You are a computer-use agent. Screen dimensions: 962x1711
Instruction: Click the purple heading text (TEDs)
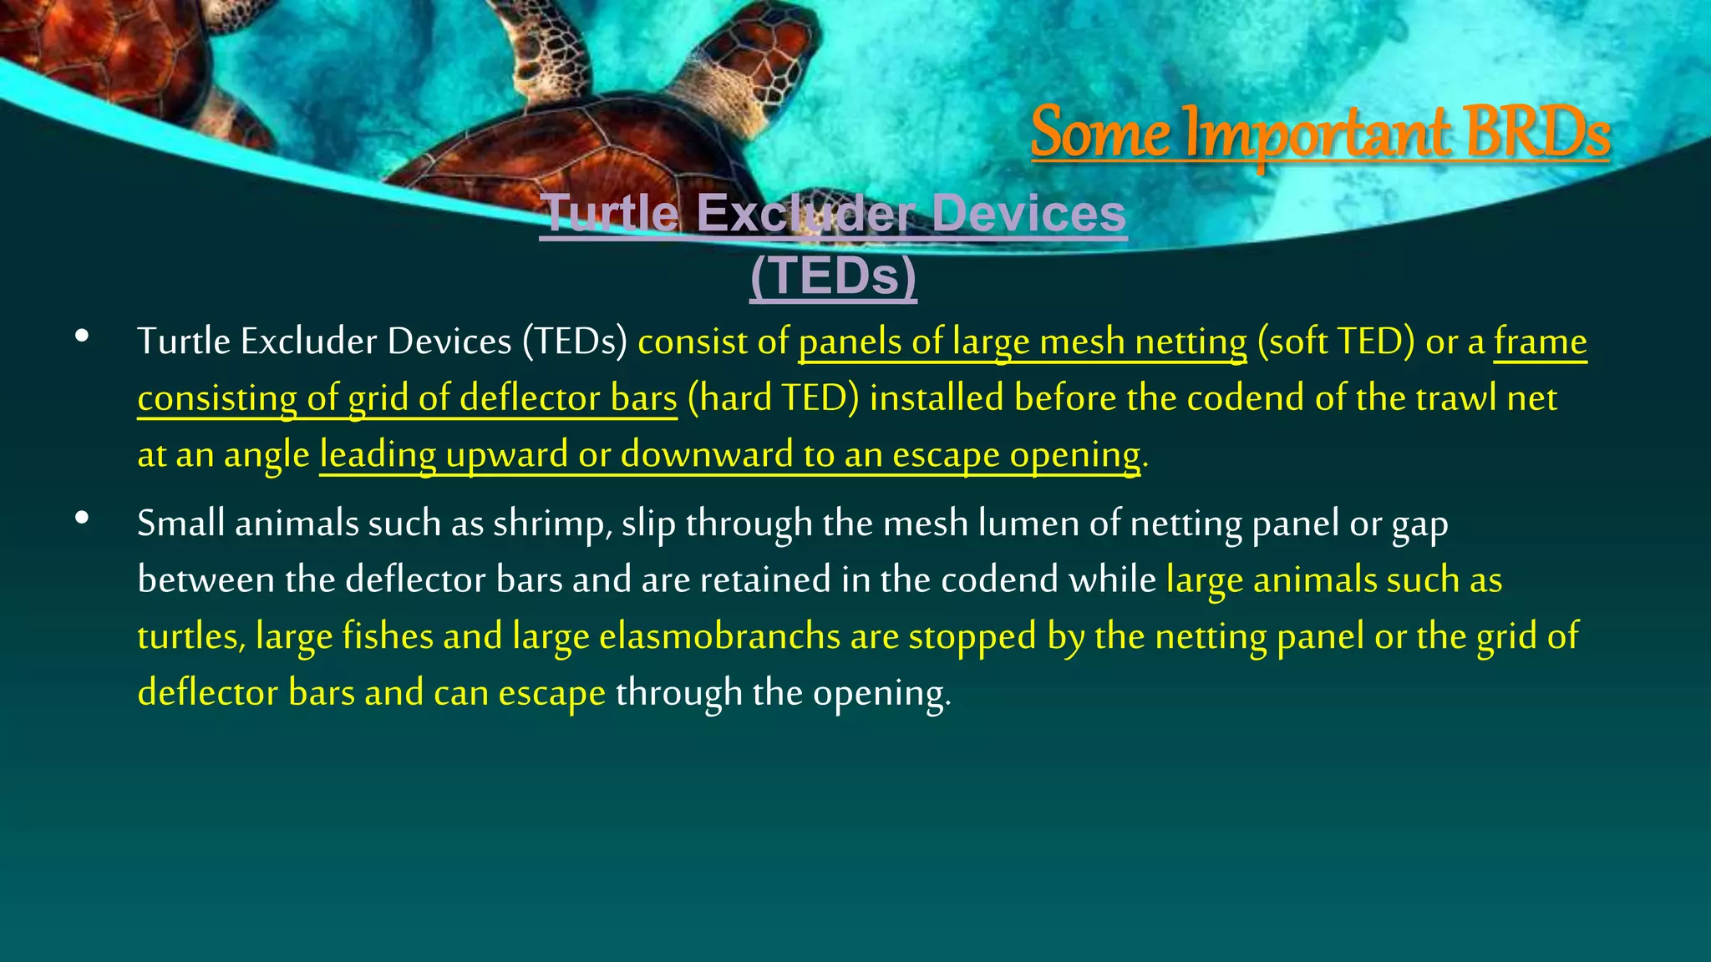point(833,276)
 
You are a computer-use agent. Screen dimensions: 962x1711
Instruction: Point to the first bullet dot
point(81,336)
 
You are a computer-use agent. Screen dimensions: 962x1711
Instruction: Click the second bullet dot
point(81,518)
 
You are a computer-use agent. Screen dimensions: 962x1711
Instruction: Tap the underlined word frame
point(1540,342)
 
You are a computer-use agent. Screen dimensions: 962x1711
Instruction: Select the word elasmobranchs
point(719,636)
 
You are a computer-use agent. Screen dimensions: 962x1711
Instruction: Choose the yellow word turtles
point(190,636)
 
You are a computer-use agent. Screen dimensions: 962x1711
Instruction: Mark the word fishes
point(388,636)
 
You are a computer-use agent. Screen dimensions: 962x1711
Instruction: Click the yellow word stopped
point(972,636)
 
